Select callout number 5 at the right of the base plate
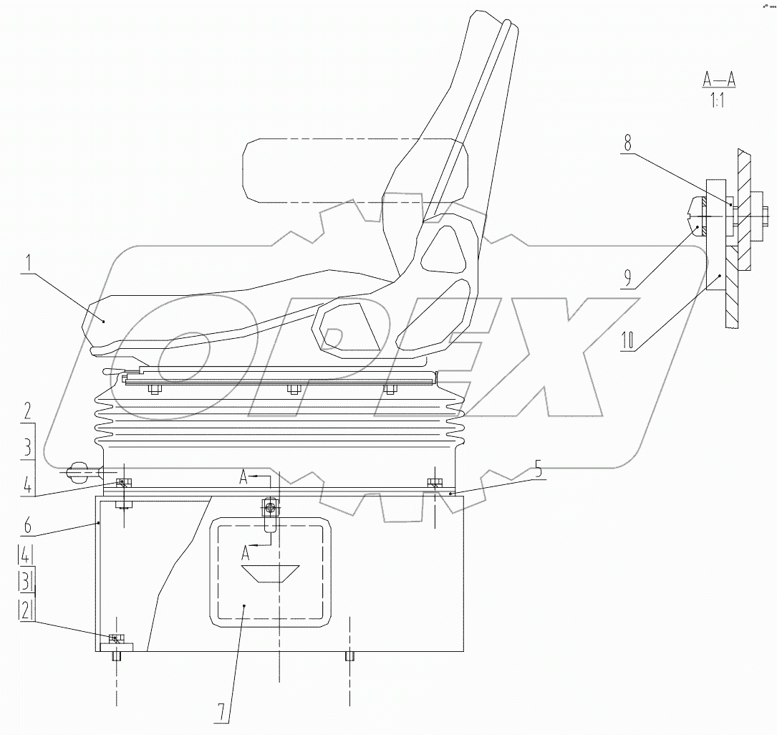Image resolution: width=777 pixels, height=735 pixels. pos(539,471)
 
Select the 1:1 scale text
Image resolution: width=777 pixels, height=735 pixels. pos(717,101)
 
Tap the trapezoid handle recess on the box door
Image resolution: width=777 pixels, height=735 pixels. pos(270,573)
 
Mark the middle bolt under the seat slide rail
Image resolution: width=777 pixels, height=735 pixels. pos(292,390)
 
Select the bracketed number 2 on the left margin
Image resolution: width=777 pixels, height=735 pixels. pos(25,610)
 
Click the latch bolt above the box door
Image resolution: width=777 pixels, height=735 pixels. pos(269,507)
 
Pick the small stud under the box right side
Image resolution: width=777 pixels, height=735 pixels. pos(349,656)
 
